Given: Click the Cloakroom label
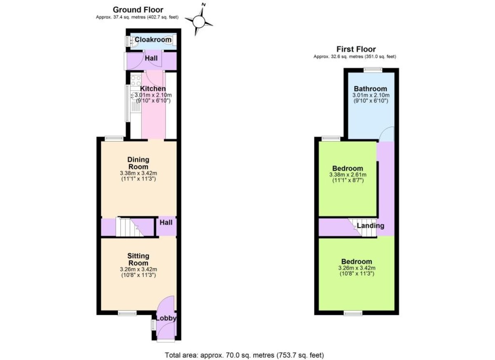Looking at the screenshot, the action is click(153, 40).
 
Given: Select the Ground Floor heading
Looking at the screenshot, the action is click(138, 10).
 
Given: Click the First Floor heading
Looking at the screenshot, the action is click(356, 49).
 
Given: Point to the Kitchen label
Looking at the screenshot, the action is click(153, 89).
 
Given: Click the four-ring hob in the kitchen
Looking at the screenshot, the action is click(136, 80).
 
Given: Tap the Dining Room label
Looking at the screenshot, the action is click(138, 163).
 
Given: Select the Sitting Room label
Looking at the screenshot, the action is click(138, 259).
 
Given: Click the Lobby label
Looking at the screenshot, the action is click(166, 318).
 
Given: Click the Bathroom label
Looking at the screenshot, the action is click(370, 89).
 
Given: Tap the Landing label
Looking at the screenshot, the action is click(370, 226).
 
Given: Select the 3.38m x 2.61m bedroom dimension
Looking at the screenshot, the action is click(348, 175).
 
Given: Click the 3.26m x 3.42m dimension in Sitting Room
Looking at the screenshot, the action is click(138, 269).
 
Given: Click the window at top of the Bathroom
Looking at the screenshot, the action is click(373, 70).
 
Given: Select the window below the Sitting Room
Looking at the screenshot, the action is click(127, 313).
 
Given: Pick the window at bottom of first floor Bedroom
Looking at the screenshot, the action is click(353, 313).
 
